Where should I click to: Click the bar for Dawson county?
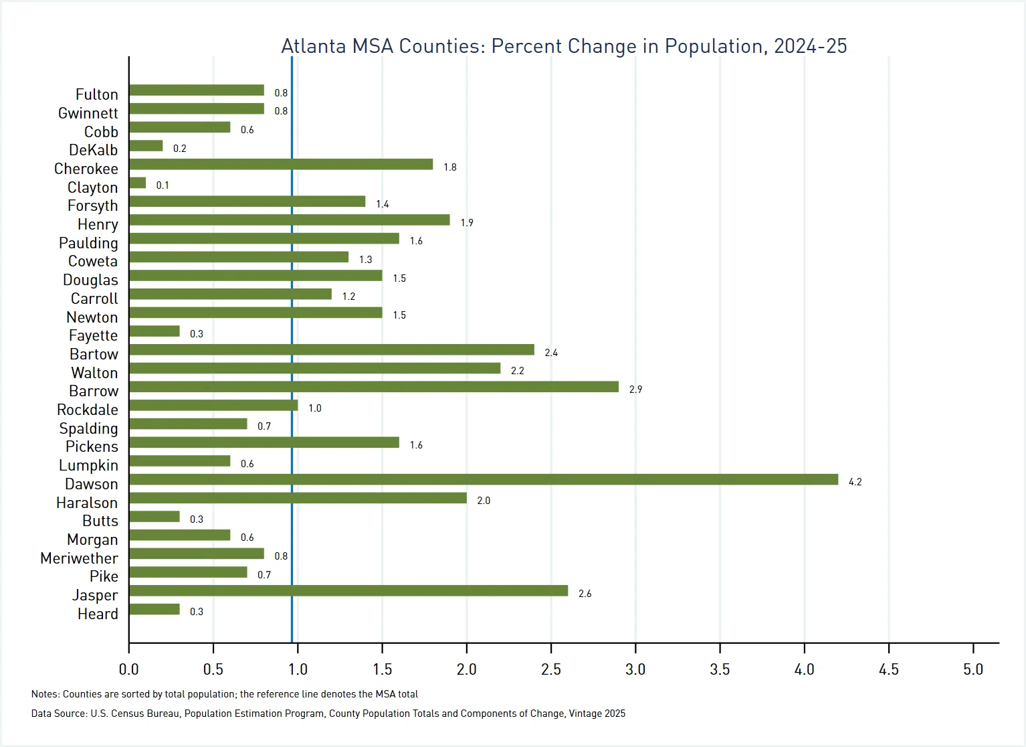483,479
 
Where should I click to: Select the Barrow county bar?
373,387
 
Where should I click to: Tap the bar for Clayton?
137,183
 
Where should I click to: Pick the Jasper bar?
348,590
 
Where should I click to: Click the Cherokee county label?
86,169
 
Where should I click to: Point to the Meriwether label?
79,558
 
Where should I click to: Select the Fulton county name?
96,94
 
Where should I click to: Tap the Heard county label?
98,614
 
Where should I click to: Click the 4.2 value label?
855,482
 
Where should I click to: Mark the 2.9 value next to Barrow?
635,390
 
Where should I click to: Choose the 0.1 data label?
163,185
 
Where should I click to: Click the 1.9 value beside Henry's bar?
467,223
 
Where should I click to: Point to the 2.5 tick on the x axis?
550,669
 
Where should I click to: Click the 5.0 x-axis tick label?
972,669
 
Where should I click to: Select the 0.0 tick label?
128,669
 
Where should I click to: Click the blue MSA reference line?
292,335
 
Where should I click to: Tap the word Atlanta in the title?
313,46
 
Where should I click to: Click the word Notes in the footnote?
45,694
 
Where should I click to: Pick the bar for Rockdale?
213,405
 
